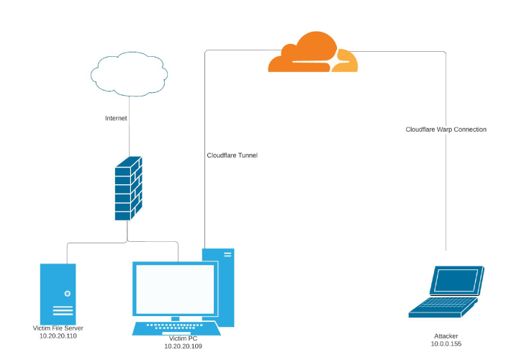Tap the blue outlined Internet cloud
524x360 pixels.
click(129, 74)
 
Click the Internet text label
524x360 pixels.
click(116, 117)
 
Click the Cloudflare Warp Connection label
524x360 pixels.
click(446, 130)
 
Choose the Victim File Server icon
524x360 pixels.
click(58, 293)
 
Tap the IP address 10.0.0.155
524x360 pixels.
click(446, 344)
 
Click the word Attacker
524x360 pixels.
click(446, 336)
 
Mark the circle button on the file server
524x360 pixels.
click(67, 294)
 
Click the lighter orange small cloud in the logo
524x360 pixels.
click(345, 61)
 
